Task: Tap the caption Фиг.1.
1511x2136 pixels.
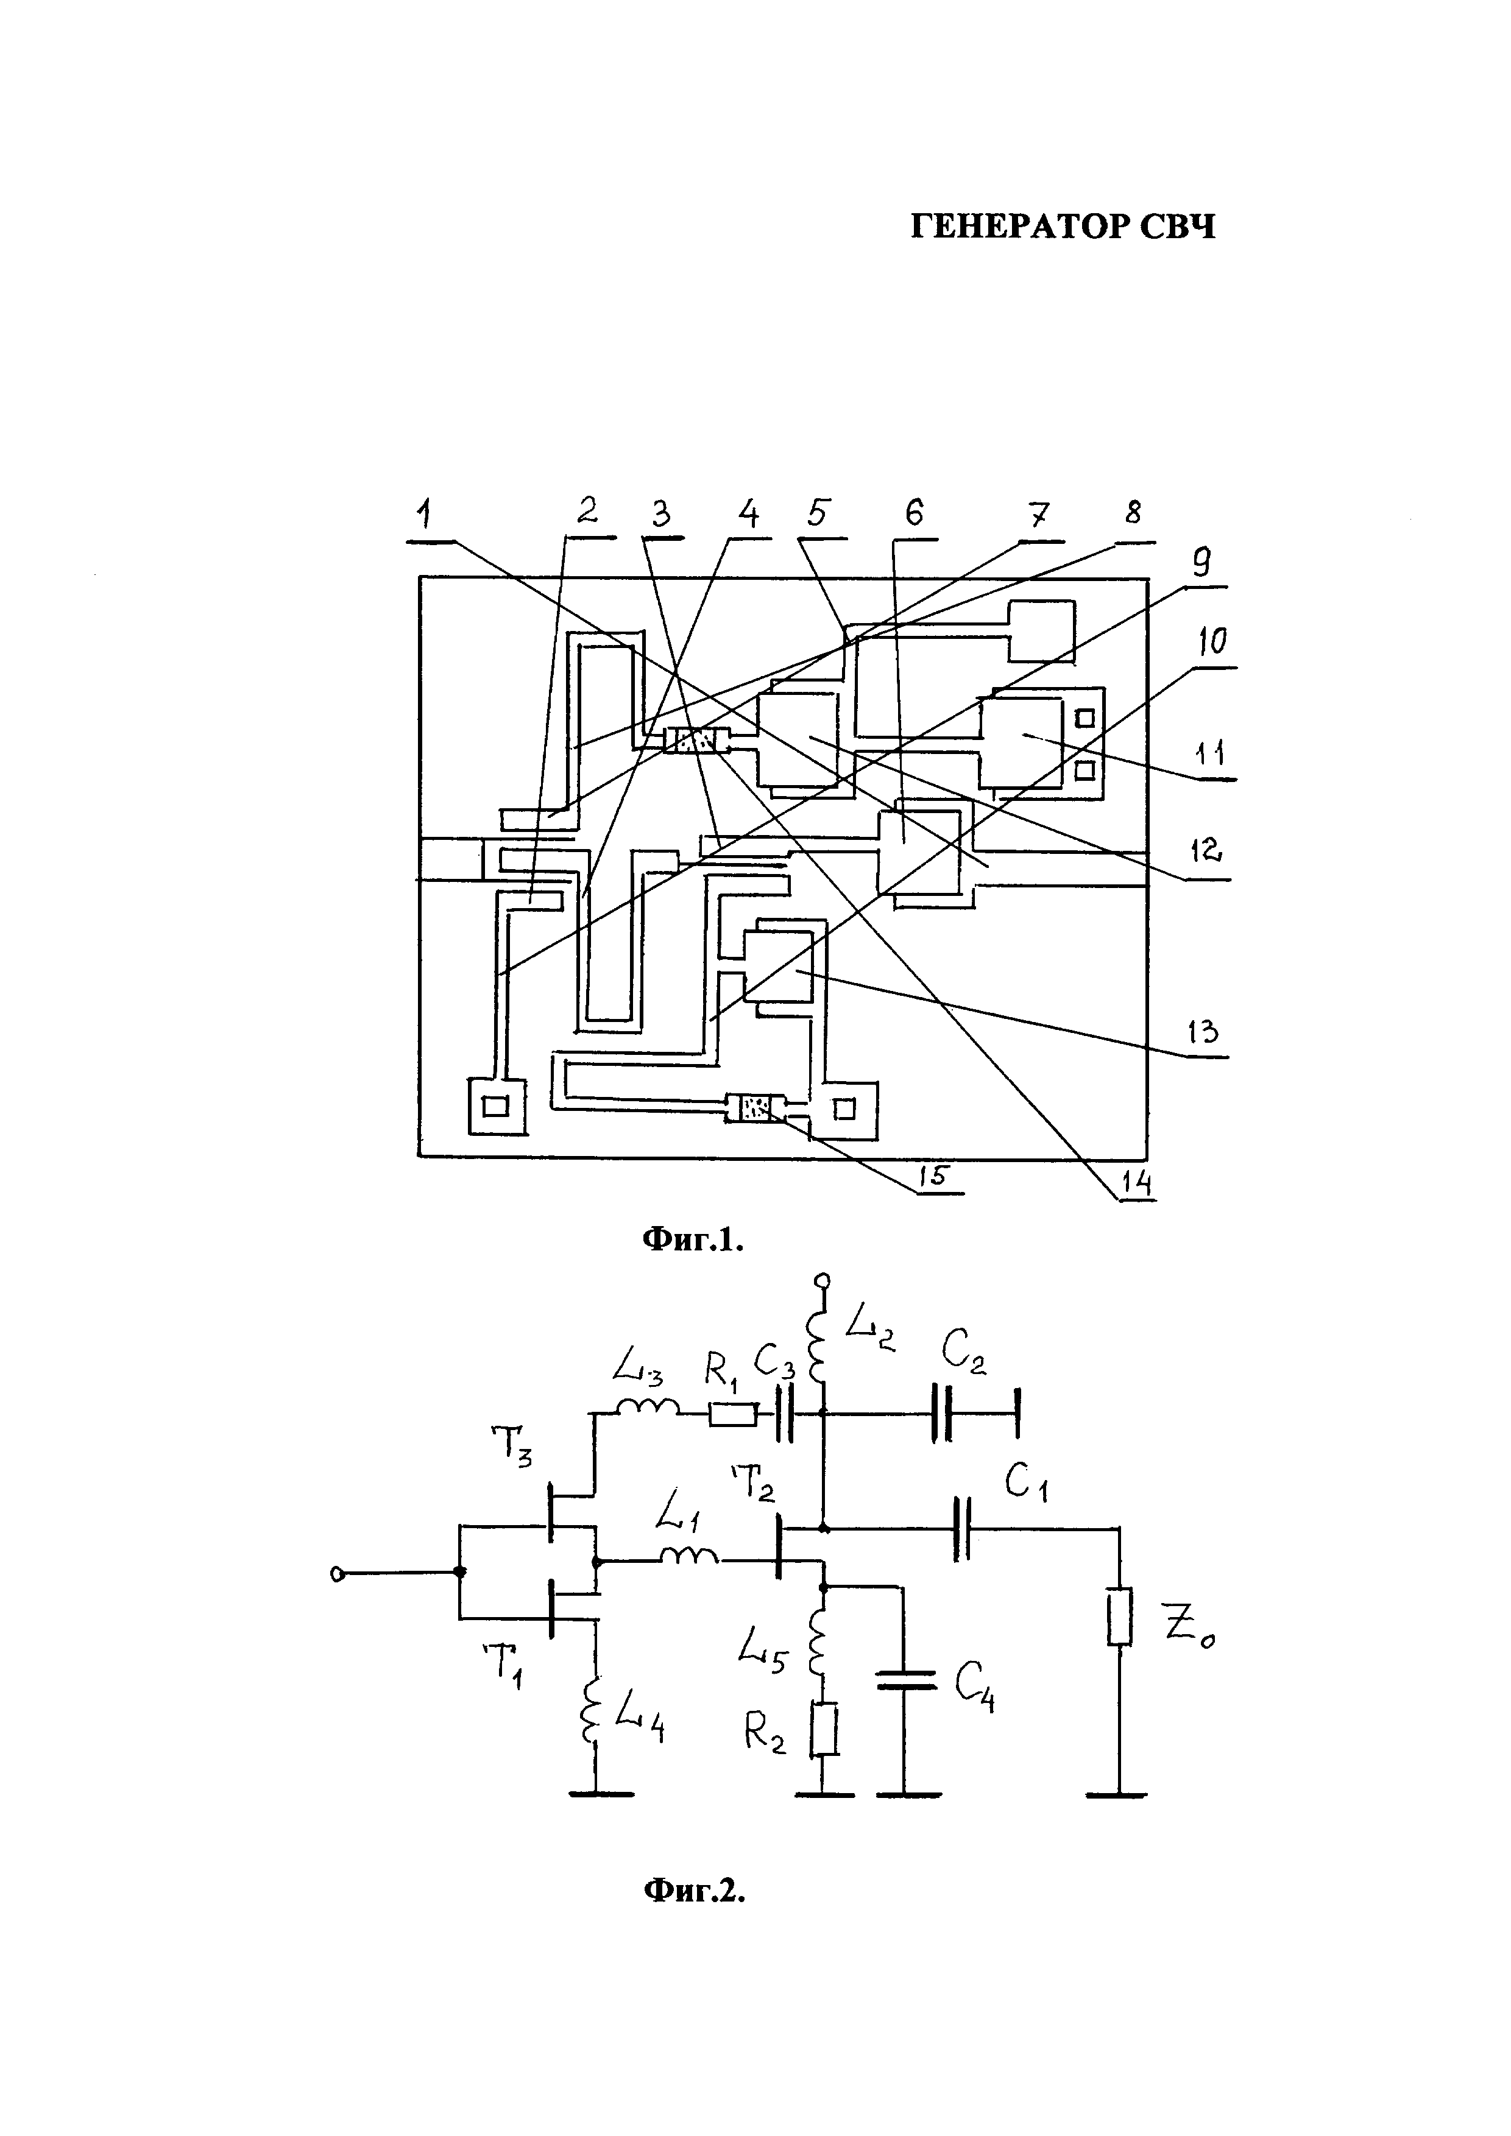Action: click(693, 1239)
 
